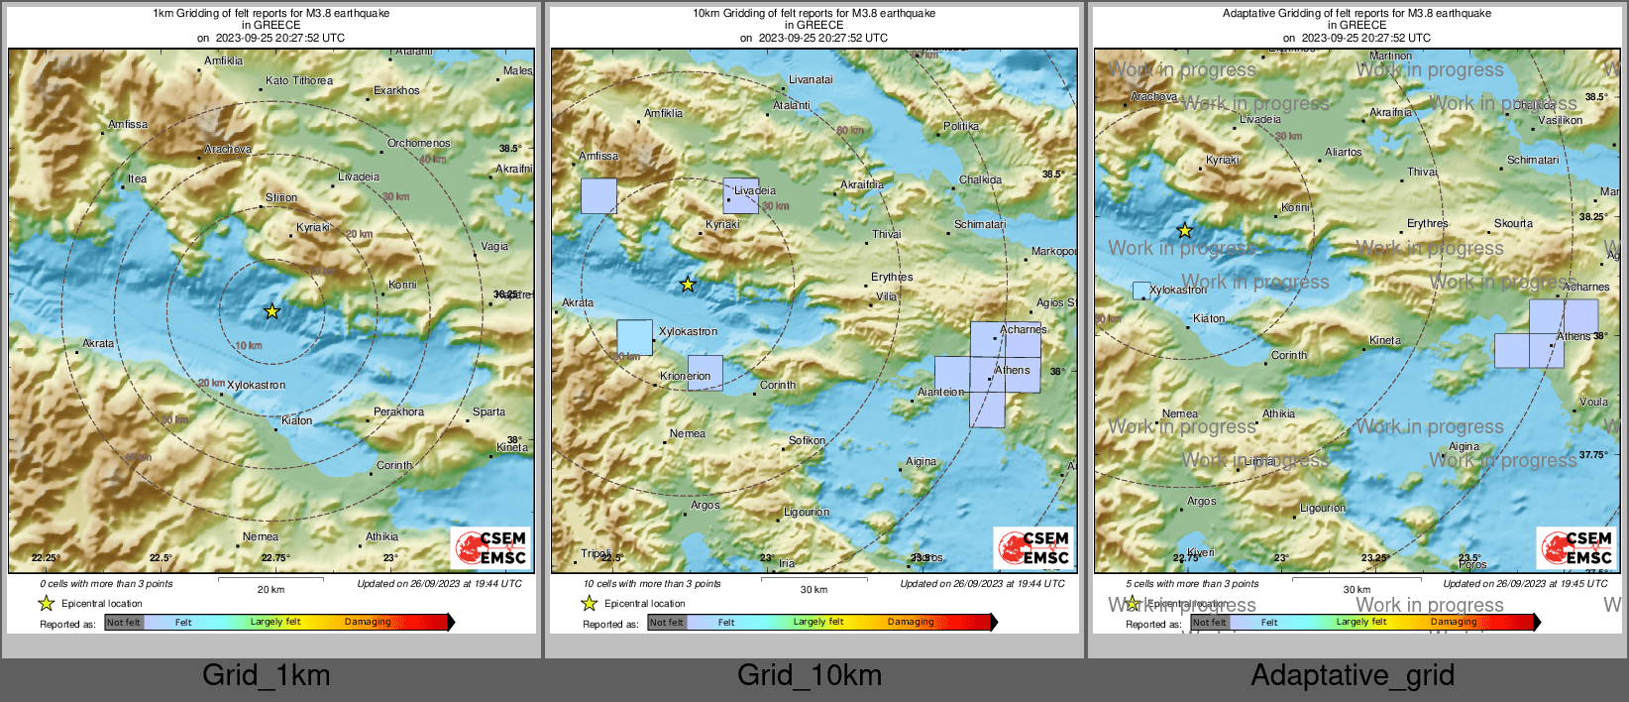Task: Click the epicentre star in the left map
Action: click(271, 311)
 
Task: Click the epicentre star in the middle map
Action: click(688, 285)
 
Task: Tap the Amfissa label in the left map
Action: click(128, 125)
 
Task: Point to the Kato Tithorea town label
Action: click(299, 81)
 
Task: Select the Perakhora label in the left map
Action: click(398, 412)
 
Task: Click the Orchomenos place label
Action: click(418, 144)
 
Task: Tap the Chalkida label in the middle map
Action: click(980, 180)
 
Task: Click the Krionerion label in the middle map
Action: click(686, 377)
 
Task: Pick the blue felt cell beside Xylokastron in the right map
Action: click(1141, 291)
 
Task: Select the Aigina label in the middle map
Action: click(921, 462)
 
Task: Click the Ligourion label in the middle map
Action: click(807, 513)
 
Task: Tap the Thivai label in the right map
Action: click(1422, 173)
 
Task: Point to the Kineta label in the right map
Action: click(1385, 341)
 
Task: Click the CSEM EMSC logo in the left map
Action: click(491, 548)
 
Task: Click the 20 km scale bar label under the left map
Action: click(271, 590)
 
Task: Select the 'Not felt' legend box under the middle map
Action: click(667, 623)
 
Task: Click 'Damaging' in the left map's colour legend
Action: click(368, 623)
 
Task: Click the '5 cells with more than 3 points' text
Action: click(1192, 584)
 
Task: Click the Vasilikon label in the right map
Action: click(1561, 121)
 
